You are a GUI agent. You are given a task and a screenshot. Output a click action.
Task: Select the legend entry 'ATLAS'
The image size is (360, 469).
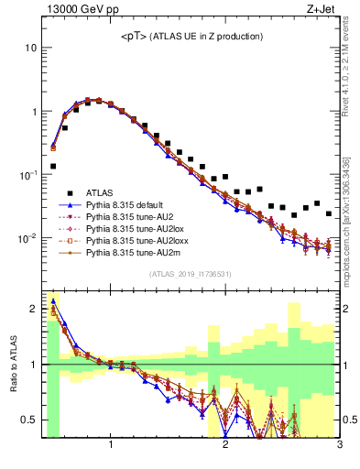tap(100, 192)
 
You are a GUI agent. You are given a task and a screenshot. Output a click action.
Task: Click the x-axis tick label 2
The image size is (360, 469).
tap(225, 446)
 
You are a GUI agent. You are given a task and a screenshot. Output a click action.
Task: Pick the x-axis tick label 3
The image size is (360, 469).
tap(340, 446)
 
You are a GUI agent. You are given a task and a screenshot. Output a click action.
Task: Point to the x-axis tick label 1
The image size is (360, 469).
tap(111, 446)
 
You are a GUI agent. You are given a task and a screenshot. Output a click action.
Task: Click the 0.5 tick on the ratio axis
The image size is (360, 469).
tap(31, 420)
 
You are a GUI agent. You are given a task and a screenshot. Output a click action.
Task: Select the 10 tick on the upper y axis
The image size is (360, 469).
tap(30, 48)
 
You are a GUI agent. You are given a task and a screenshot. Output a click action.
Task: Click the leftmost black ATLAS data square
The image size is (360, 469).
tap(53, 167)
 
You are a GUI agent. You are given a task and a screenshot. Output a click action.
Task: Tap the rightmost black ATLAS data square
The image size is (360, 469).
tap(328, 213)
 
